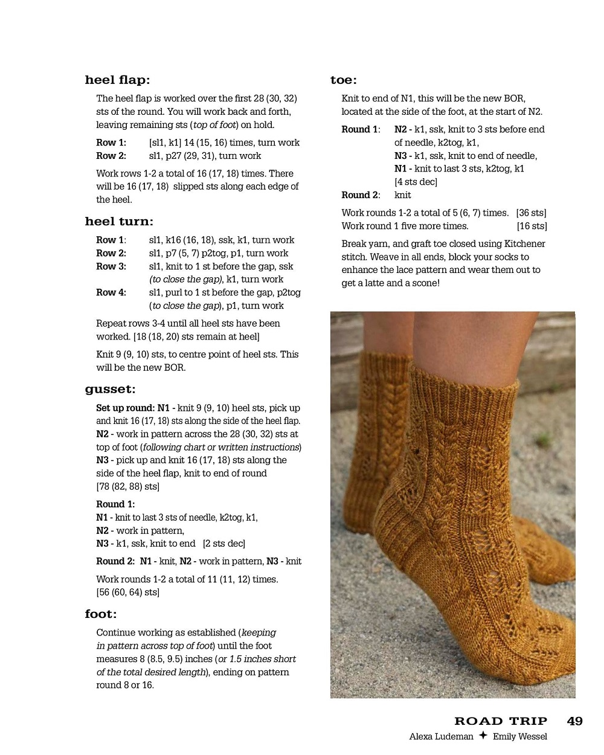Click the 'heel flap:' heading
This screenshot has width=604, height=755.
tap(117, 80)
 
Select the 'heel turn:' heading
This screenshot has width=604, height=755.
tap(119, 222)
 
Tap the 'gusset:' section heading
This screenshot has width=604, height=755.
tap(110, 390)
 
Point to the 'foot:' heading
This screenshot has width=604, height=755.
tap(101, 614)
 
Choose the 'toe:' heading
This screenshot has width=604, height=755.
tap(343, 80)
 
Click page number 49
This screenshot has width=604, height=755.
tap(574, 721)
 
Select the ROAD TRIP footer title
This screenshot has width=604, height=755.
tap(501, 721)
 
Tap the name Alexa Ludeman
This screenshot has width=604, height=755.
tap(441, 736)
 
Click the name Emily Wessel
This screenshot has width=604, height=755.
tap(519, 736)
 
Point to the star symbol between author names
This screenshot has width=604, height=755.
tap(483, 736)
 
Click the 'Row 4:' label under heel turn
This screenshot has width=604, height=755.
tap(111, 292)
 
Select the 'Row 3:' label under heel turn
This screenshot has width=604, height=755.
tap(111, 266)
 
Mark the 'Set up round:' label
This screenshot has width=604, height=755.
tap(125, 408)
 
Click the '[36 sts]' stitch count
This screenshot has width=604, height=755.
tap(531, 213)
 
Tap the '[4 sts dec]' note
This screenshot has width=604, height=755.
tap(416, 182)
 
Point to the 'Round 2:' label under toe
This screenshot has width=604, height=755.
tap(361, 195)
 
